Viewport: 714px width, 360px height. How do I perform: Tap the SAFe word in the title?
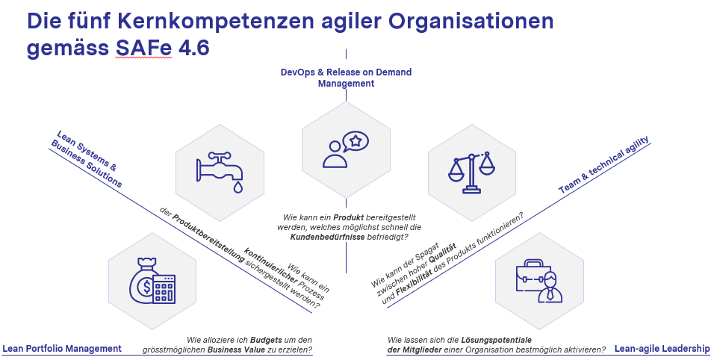143,48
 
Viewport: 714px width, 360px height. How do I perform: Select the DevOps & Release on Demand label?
346,78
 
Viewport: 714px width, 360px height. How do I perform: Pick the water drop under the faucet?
238,187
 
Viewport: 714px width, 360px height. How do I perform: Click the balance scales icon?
471,173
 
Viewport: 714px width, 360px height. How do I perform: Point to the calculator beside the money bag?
164,289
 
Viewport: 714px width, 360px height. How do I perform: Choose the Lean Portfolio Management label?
62,349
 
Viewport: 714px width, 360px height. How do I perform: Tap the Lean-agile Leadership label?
662,349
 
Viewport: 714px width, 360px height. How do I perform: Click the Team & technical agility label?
603,165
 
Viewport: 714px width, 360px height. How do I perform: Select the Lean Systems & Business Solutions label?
87,159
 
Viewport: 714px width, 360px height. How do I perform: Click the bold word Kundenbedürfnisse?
327,237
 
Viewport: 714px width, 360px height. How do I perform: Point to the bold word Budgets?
266,340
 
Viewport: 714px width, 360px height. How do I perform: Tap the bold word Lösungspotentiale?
497,340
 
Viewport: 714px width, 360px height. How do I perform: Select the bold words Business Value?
230,350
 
